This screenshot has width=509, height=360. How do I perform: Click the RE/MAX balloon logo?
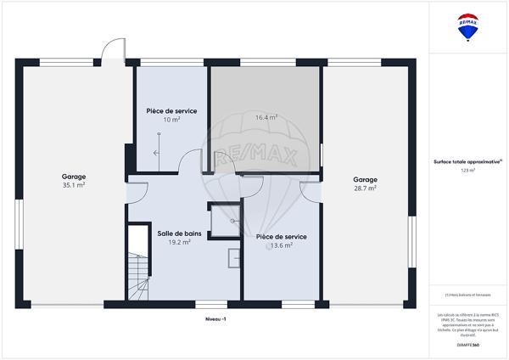tap(467, 27)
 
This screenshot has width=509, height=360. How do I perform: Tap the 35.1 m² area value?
tap(74, 185)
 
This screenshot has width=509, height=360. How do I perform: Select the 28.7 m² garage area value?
tap(365, 188)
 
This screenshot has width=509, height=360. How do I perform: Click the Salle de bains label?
tap(180, 233)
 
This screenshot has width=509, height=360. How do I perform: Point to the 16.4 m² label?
tap(267, 118)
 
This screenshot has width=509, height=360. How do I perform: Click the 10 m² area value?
tap(171, 120)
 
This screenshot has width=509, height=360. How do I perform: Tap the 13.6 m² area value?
tap(281, 245)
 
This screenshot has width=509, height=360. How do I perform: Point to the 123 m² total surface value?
tap(467, 171)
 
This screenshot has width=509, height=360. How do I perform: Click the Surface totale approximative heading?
tap(467, 161)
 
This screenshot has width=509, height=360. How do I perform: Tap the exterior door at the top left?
tap(111, 53)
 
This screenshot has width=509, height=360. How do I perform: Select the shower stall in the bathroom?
tap(221, 217)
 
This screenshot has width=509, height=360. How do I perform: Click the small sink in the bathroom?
tap(232, 256)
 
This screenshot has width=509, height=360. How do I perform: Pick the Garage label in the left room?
tap(74, 177)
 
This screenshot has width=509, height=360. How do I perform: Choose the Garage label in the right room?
tap(365, 180)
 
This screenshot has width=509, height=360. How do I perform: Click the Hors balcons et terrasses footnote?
tap(467, 295)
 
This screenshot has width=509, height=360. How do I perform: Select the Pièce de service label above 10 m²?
tap(171, 111)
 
